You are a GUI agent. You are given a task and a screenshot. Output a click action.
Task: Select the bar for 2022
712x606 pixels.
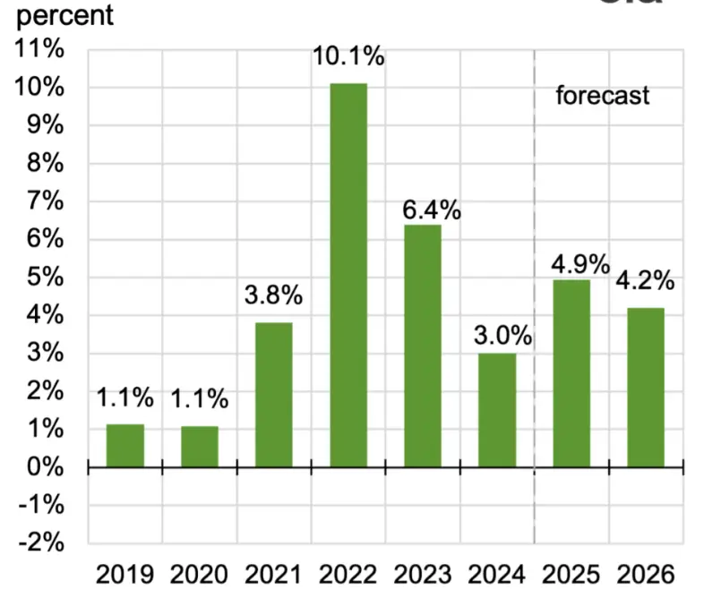(x=348, y=275)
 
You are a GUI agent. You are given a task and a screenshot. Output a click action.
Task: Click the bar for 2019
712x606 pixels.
(x=125, y=445)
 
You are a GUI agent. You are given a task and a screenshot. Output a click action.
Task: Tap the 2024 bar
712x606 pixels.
(x=497, y=410)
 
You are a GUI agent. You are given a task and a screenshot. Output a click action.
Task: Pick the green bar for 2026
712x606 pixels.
(x=646, y=387)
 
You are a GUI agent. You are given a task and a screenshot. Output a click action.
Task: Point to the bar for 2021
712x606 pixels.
(x=274, y=395)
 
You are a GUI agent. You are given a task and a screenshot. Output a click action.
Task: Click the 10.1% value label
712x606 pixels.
(x=348, y=58)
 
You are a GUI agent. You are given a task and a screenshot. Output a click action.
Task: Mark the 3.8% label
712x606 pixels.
(x=274, y=294)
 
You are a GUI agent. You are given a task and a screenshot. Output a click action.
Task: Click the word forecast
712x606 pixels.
(x=602, y=96)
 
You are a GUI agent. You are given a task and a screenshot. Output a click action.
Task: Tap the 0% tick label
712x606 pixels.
(x=45, y=467)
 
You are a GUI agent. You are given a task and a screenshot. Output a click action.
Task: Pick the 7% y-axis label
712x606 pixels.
(x=45, y=201)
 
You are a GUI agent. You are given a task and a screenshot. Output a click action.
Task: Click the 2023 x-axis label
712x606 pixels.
(x=423, y=575)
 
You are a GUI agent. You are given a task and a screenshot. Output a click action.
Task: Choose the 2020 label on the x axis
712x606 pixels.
(x=200, y=575)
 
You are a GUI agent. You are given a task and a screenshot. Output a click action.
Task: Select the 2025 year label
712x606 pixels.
(x=571, y=575)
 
